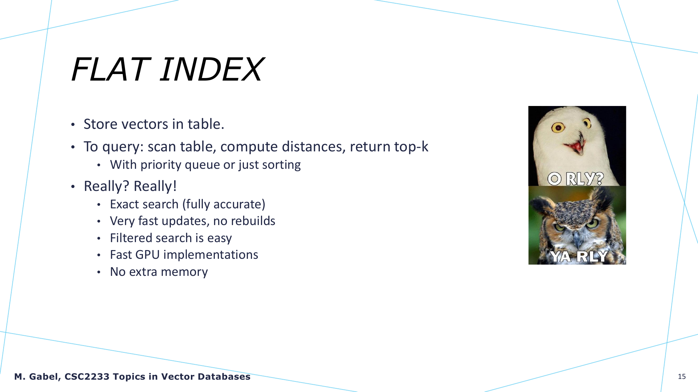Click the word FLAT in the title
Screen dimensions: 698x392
pos(109,69)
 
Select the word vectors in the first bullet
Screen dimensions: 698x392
pos(145,124)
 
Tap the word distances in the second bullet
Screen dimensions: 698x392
pos(313,147)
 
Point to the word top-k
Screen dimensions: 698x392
pos(411,147)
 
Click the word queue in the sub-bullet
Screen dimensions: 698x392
pos(202,165)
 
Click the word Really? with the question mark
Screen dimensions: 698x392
pos(107,186)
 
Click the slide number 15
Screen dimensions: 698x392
pos(682,377)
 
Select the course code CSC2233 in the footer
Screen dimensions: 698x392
pos(87,377)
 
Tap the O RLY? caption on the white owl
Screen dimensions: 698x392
pos(575,179)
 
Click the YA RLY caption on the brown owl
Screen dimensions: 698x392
pos(578,256)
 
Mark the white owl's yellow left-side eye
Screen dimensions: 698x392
pos(558,127)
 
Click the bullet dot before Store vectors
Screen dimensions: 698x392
pos(73,125)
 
